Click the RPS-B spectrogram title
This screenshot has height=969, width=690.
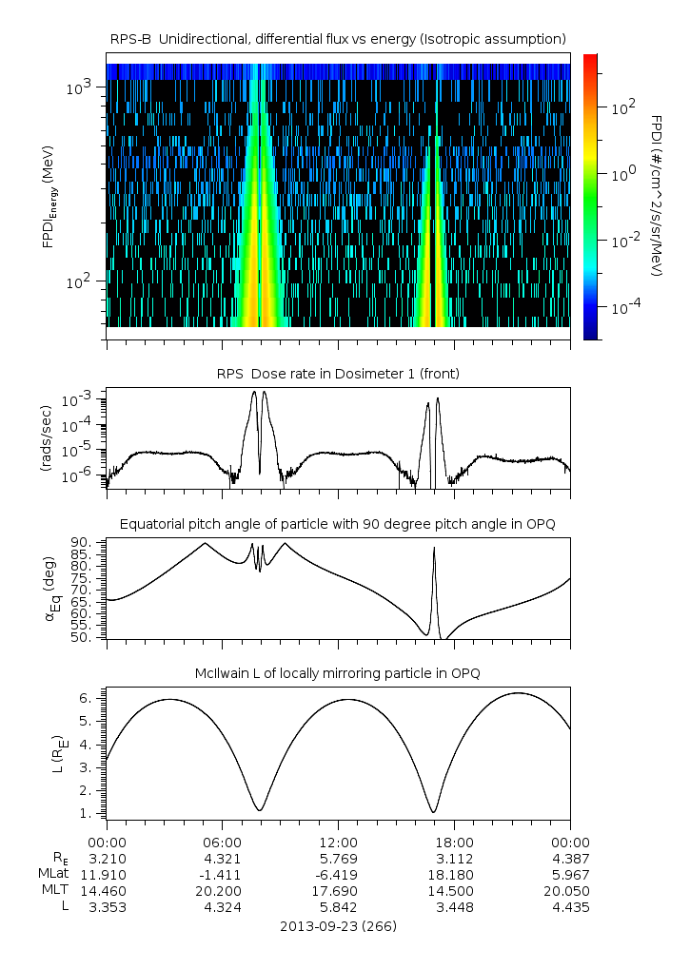click(339, 38)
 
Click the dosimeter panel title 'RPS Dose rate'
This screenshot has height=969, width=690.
click(339, 374)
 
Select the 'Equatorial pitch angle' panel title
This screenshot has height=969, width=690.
click(339, 524)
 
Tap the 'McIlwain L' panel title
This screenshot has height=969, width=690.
click(339, 673)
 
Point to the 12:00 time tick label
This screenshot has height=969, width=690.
click(338, 843)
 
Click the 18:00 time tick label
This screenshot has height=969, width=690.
click(454, 843)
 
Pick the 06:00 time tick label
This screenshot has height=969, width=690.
click(222, 843)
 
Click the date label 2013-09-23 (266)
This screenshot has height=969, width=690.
click(339, 925)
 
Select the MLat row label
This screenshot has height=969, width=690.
click(53, 875)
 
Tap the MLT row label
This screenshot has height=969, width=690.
click(56, 891)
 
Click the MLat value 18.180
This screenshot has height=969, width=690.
click(454, 875)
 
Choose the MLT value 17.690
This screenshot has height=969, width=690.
click(338, 891)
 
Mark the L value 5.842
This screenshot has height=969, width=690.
click(338, 907)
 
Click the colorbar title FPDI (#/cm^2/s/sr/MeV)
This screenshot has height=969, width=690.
click(657, 196)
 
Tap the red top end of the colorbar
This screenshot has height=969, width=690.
click(590, 59)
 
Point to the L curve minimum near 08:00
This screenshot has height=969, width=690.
click(259, 810)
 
